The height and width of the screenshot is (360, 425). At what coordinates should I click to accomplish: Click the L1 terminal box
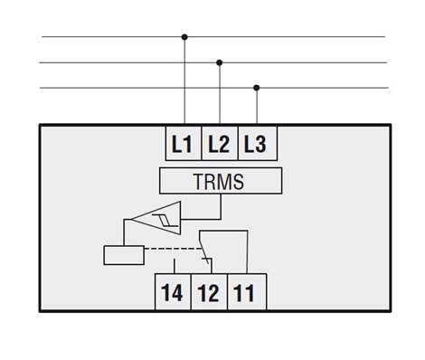point(184,143)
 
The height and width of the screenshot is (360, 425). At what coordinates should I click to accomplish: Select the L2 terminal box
point(220,143)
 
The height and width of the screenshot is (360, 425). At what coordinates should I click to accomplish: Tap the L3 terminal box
point(258,143)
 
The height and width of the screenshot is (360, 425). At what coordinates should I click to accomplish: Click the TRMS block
point(221,181)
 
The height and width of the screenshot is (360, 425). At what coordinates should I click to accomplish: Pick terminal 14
point(173,291)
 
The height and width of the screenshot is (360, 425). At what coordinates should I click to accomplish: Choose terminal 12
point(209,291)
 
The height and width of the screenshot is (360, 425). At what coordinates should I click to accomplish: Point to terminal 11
point(247,291)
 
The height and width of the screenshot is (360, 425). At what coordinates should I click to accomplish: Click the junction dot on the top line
point(184,37)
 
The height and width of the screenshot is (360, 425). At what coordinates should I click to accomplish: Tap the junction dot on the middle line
point(220,62)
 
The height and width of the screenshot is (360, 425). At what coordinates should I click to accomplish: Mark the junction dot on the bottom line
point(257,88)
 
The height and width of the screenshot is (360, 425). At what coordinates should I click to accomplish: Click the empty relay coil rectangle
point(124,255)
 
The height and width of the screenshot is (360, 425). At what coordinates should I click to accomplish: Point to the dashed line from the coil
point(173,249)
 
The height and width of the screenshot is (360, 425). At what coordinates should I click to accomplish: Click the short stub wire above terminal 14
point(175,266)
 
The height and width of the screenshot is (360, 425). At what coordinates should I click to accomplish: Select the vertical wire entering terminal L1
point(184,81)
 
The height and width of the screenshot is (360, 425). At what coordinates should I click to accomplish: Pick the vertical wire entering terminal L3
point(257,106)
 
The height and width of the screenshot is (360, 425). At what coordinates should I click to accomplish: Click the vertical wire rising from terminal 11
point(247,252)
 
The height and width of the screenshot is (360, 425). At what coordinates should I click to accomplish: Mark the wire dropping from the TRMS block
point(221,206)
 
